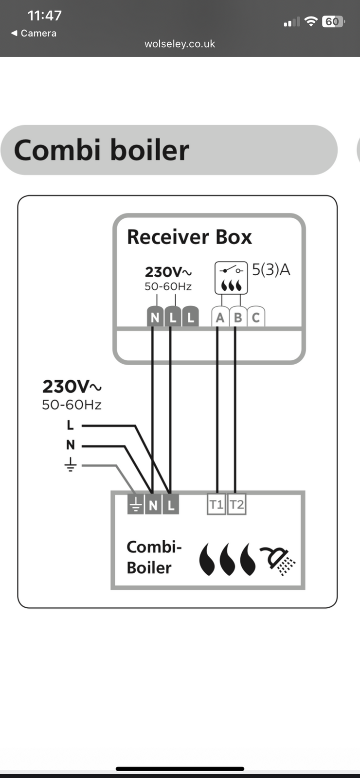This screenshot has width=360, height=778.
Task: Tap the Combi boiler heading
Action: pyautogui.click(x=101, y=150)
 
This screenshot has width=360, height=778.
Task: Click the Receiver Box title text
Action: pyautogui.click(x=189, y=237)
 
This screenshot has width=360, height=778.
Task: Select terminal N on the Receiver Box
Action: pyautogui.click(x=155, y=318)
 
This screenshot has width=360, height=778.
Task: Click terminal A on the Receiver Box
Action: pyautogui.click(x=220, y=318)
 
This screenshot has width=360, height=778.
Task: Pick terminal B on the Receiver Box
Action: pyautogui.click(x=238, y=318)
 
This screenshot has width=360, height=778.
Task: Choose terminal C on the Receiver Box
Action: pyautogui.click(x=256, y=318)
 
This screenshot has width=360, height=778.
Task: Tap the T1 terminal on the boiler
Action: pyautogui.click(x=216, y=505)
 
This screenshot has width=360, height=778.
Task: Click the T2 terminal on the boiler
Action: pyautogui.click(x=236, y=505)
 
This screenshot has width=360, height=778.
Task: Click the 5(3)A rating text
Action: pyautogui.click(x=271, y=270)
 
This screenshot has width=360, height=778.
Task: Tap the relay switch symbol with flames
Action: pyautogui.click(x=231, y=278)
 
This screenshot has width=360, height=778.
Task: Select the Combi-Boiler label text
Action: pyautogui.click(x=153, y=557)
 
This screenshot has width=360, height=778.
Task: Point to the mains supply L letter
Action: pyautogui.click(x=71, y=425)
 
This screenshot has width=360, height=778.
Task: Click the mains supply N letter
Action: pyautogui.click(x=71, y=445)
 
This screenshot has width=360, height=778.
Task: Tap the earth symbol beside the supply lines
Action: pyautogui.click(x=71, y=465)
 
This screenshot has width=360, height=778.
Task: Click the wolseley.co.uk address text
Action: pyautogui.click(x=180, y=44)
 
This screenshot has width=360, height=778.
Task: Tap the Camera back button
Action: pyautogui.click(x=34, y=33)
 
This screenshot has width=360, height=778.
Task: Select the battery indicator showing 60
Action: pyautogui.click(x=333, y=22)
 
